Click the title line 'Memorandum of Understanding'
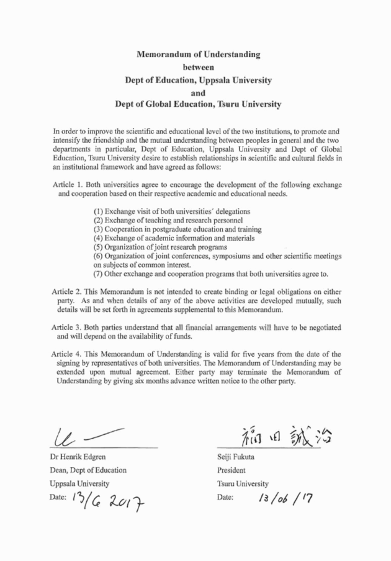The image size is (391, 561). click(198, 55)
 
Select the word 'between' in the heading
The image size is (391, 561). click(198, 68)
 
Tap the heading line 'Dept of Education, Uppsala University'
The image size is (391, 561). click(198, 80)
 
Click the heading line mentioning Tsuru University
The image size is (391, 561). click(198, 105)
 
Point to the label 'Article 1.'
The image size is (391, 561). click(67, 186)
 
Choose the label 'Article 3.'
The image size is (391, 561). click(67, 326)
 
